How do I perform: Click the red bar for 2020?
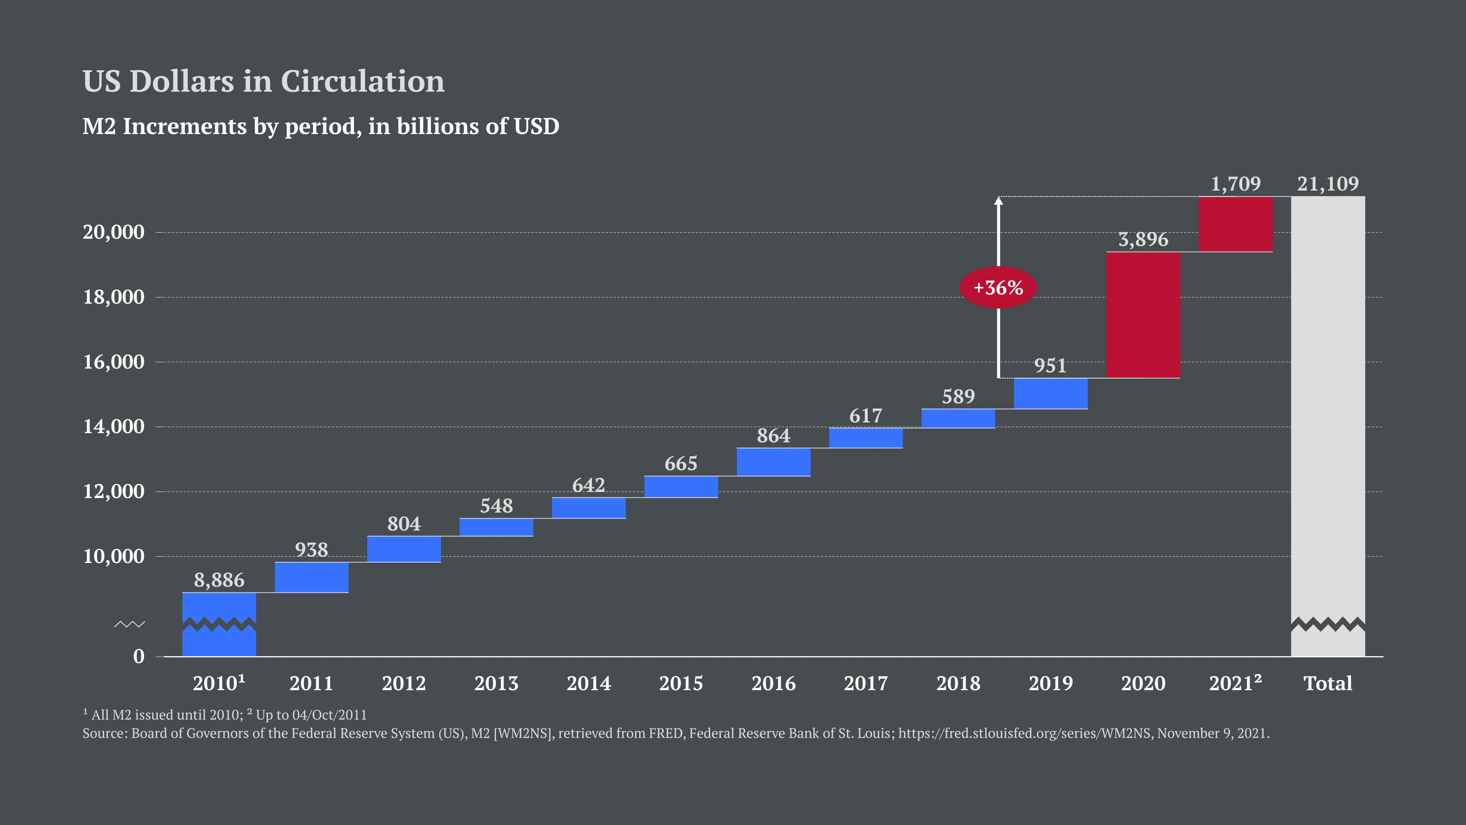[1143, 315]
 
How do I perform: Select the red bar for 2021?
[1235, 224]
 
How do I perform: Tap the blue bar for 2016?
[773, 462]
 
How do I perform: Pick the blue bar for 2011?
[311, 577]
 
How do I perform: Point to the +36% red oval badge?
[998, 288]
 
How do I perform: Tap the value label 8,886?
[219, 580]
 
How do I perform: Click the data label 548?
[496, 506]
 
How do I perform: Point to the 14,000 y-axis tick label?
[114, 427]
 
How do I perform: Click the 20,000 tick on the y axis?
[114, 232]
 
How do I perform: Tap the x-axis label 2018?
[958, 683]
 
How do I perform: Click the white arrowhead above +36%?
[998, 201]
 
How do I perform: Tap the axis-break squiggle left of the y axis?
[130, 624]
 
